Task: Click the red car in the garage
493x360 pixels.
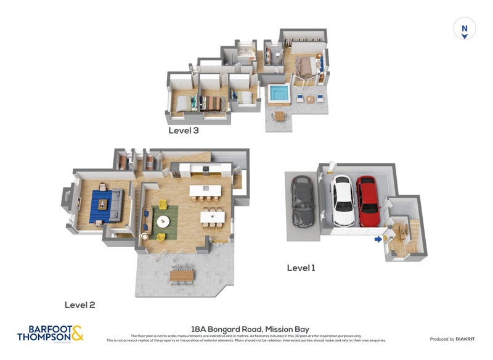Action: click(x=369, y=202)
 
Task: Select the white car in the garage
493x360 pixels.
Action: click(x=343, y=200)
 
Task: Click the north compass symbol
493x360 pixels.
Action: click(x=465, y=29)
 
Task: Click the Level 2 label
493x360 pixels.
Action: click(x=79, y=305)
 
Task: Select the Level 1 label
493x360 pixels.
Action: click(x=301, y=268)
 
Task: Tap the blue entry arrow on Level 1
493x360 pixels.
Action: click(x=377, y=239)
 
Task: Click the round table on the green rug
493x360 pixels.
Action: click(x=163, y=221)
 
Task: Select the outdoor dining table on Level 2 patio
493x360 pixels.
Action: click(x=182, y=274)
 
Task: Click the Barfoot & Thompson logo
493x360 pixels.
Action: click(x=50, y=333)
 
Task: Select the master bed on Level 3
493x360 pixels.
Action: click(x=306, y=67)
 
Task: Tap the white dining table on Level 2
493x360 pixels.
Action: click(x=212, y=216)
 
